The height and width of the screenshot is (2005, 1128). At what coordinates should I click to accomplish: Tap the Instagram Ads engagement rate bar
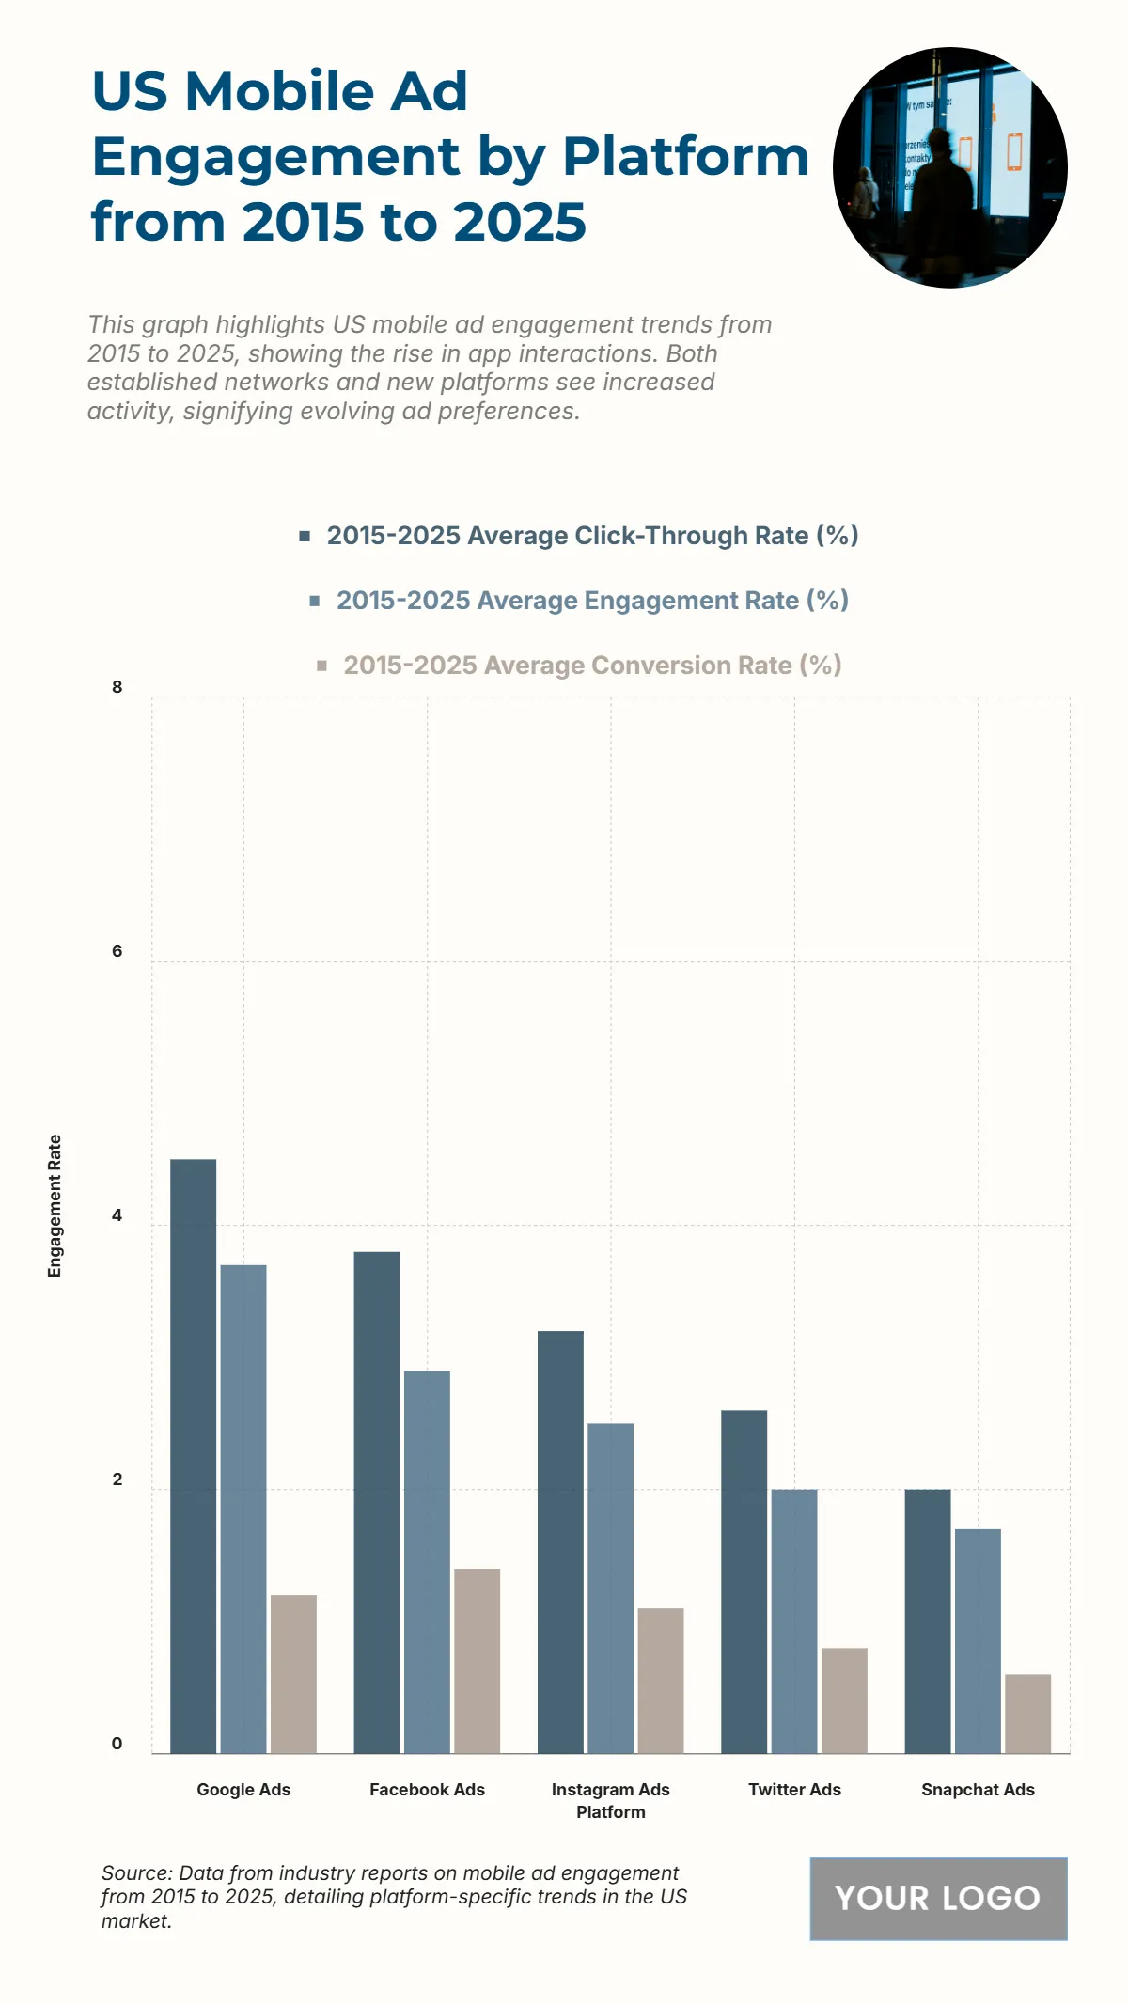pos(610,1588)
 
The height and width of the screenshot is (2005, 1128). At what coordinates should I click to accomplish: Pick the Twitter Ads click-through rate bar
pos(744,1581)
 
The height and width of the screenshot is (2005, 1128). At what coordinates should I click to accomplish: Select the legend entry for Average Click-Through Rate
pos(578,536)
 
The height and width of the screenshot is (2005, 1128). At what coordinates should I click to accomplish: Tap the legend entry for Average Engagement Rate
pos(578,601)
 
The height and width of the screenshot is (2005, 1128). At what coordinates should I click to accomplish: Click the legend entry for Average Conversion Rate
pos(578,666)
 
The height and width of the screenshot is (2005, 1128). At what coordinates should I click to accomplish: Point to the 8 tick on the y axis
pos(117,687)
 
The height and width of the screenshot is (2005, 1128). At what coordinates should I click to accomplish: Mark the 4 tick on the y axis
pos(117,1215)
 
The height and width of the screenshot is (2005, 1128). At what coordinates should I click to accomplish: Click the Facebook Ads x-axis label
pos(427,1790)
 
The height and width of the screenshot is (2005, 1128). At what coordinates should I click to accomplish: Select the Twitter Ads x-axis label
pos(794,1790)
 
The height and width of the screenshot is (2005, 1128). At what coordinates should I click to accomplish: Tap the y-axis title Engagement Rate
pos(55,1205)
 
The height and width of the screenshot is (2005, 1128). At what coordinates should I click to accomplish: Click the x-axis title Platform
pos(611,1812)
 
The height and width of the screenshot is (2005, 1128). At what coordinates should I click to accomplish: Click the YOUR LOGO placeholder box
pos(938,1899)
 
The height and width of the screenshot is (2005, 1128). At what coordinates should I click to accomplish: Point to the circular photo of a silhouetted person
pos(949,167)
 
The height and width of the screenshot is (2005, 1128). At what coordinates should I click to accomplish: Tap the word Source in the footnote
pos(135,1873)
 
